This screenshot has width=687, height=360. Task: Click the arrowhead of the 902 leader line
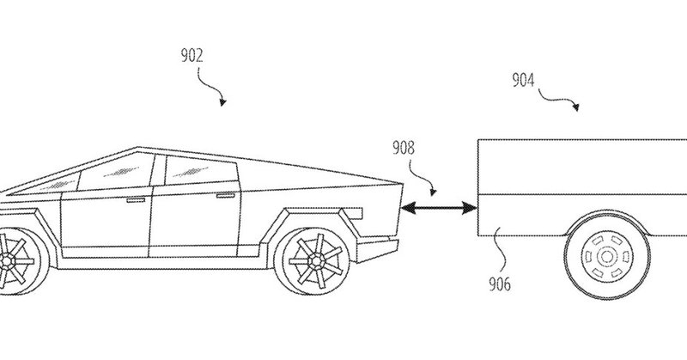tap(222, 102)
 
